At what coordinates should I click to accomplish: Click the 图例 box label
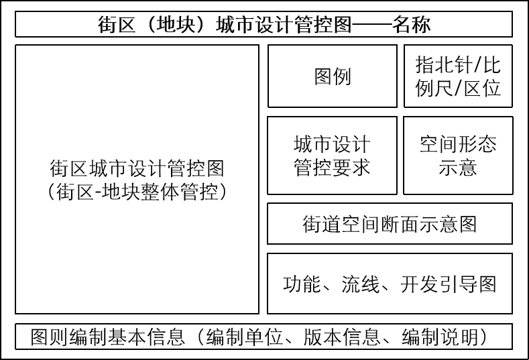tap(333, 76)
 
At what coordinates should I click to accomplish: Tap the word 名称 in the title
tap(411, 24)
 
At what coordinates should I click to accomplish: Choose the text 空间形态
tap(458, 144)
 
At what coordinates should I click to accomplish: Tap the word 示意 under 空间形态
tap(458, 168)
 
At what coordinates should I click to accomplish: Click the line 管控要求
tap(333, 168)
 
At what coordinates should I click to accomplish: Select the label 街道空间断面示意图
tap(390, 224)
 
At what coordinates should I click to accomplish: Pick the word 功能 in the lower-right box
tap(302, 284)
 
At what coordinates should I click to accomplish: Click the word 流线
tap(361, 284)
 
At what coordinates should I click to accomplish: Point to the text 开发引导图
tap(449, 284)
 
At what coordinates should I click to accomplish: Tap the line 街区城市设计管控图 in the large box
tap(137, 168)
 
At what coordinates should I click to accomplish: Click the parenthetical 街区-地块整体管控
tap(137, 192)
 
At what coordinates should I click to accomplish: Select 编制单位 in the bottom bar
tap(244, 337)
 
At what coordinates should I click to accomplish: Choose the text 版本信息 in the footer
tap(342, 337)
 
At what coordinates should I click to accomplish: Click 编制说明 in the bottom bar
tap(440, 337)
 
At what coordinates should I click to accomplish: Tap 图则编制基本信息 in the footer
tap(108, 337)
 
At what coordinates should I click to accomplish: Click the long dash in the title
tap(371, 25)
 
